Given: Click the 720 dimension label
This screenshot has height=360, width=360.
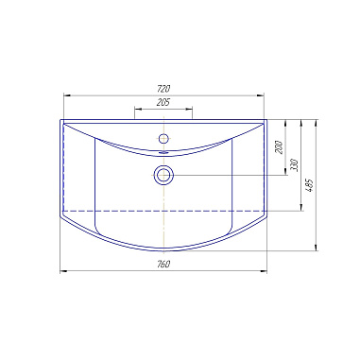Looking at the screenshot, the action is (x=163, y=89).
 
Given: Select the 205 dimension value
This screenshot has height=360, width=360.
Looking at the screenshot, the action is (x=163, y=102).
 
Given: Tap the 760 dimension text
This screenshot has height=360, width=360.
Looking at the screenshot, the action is (x=163, y=264).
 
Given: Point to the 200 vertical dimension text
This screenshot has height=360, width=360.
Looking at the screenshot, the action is (x=280, y=147).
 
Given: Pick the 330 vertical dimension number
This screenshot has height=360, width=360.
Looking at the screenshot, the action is (x=295, y=165).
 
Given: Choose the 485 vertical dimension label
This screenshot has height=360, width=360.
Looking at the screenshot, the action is (x=310, y=185).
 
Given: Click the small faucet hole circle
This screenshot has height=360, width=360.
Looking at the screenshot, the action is (x=163, y=138).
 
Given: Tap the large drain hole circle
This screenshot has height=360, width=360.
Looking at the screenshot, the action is (x=163, y=175).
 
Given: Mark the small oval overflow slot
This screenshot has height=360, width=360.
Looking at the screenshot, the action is (x=163, y=152).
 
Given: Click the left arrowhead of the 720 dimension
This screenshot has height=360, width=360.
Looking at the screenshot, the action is (x=67, y=95).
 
